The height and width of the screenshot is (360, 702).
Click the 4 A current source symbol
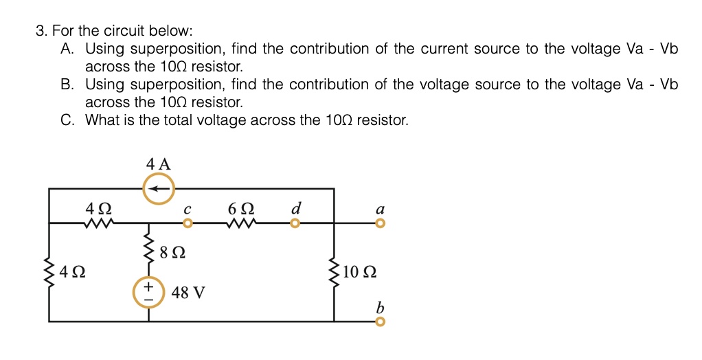[x=159, y=188]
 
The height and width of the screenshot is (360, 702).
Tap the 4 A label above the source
[x=158, y=164]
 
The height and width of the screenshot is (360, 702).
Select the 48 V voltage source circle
[x=148, y=292]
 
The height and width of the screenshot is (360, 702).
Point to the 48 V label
[x=188, y=293]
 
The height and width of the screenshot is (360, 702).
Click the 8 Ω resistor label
[x=172, y=253]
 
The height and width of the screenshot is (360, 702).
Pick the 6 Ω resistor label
[x=242, y=207]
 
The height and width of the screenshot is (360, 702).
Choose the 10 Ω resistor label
[x=359, y=271]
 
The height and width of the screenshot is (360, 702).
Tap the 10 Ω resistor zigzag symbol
[x=335, y=273]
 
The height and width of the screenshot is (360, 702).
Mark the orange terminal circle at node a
[x=380, y=223]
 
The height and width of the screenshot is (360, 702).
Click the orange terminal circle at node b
[x=380, y=322]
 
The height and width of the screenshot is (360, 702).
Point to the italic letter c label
[x=187, y=208]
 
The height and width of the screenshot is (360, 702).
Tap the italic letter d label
[x=295, y=207]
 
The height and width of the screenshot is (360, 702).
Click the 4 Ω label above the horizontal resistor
[x=97, y=207]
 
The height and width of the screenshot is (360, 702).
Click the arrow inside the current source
[x=159, y=188]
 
